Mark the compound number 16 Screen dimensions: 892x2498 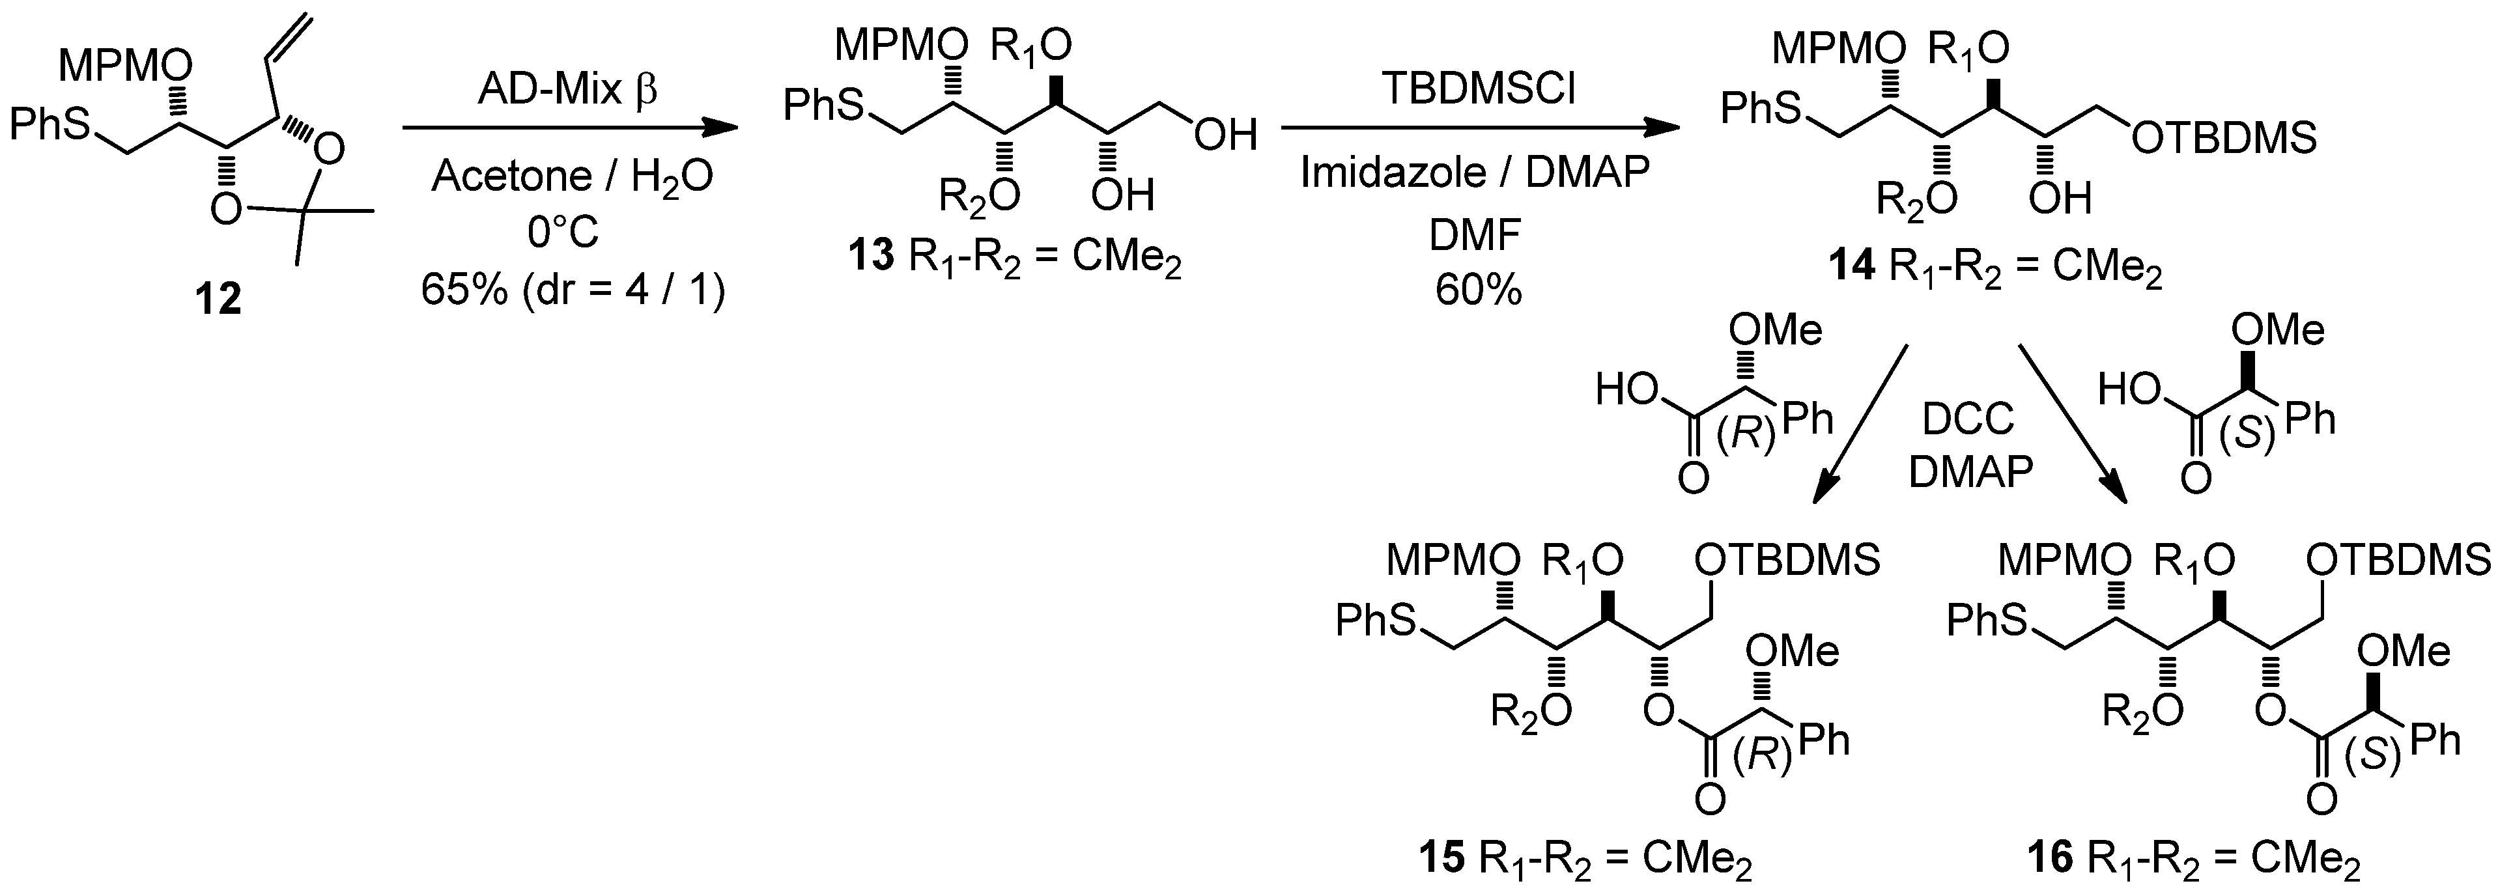(2055, 861)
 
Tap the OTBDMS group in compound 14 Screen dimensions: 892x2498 (2224, 139)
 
